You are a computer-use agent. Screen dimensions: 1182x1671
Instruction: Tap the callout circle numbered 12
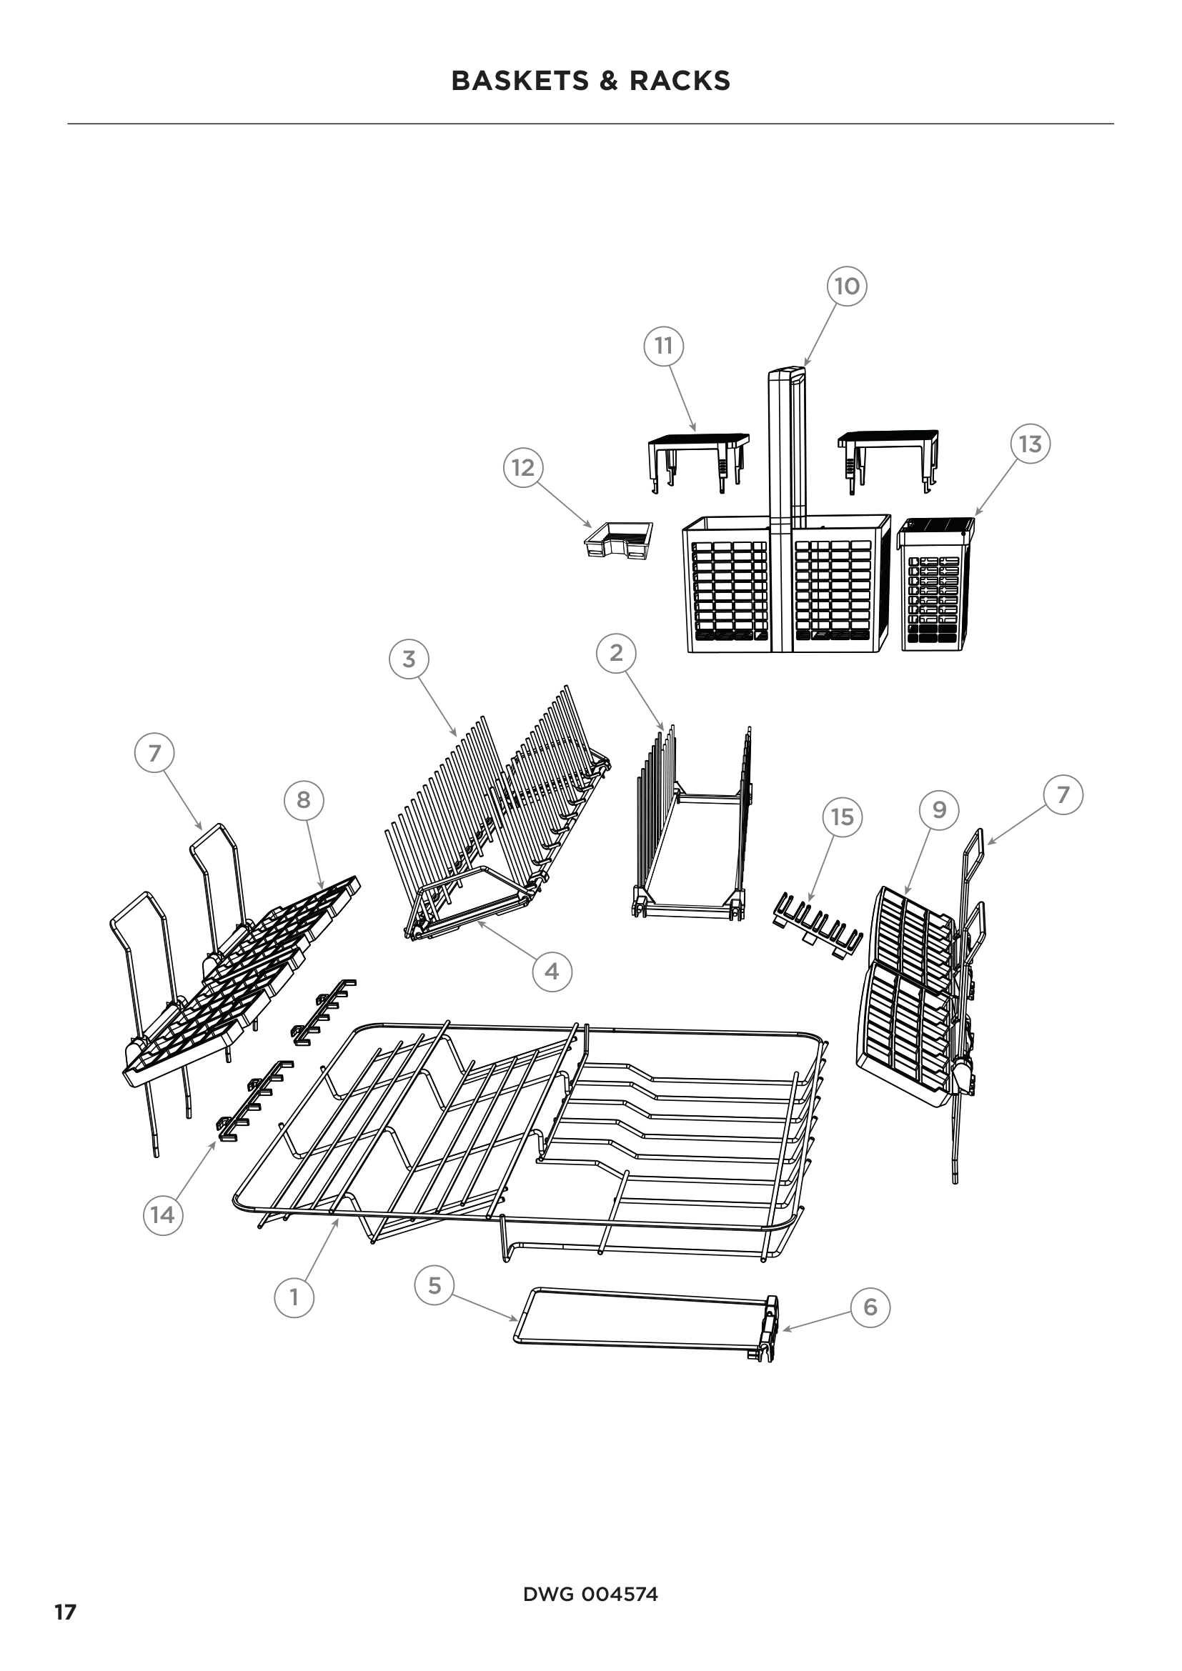point(523,467)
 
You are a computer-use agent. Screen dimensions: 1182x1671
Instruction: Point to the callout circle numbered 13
point(1030,444)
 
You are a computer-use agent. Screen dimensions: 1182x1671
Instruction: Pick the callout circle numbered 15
point(842,817)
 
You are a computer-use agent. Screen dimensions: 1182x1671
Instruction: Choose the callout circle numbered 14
point(162,1214)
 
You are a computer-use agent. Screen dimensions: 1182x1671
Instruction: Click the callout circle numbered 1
point(294,1297)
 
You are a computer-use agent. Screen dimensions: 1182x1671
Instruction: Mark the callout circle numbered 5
point(434,1285)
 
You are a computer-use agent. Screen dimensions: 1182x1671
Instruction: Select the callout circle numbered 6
point(870,1307)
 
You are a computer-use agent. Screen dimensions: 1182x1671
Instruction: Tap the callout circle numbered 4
point(552,971)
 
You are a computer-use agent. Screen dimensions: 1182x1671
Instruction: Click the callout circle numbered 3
point(409,659)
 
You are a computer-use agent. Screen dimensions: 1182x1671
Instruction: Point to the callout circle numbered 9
point(939,809)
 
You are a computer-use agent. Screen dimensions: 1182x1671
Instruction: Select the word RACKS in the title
point(680,80)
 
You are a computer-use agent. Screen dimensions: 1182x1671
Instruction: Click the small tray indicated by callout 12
point(619,541)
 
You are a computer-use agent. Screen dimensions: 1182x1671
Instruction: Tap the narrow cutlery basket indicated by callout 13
point(936,583)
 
